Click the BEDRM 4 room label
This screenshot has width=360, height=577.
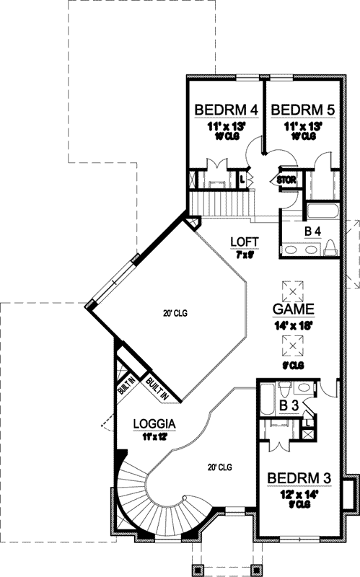tap(227, 110)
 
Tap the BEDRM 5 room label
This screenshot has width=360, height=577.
tap(302, 110)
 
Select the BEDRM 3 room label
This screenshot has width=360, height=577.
tap(299, 477)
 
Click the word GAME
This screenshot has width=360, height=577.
tap(293, 309)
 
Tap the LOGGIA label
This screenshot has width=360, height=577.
tap(154, 423)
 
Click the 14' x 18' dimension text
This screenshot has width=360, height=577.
tap(293, 325)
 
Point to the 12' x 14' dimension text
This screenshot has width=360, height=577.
tap(299, 494)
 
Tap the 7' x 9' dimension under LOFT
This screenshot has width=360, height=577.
tap(245, 255)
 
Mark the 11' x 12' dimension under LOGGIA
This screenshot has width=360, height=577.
tap(154, 436)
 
